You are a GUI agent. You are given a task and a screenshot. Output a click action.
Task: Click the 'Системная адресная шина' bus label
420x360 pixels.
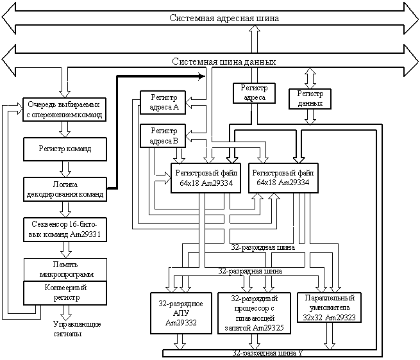(224, 18)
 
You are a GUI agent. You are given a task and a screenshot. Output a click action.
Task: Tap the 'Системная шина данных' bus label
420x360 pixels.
(224, 61)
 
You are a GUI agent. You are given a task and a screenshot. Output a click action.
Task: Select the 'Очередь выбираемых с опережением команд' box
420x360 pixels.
(64, 110)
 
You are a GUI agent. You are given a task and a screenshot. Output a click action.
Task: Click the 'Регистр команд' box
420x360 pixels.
(64, 149)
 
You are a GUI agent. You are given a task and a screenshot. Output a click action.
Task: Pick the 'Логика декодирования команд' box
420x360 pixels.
(64, 188)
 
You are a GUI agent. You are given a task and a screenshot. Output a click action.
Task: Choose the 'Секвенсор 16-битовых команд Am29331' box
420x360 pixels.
(64, 229)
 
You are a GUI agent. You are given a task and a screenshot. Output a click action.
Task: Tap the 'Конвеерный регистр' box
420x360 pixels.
(64, 292)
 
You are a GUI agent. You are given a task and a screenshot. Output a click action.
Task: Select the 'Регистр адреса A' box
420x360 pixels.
(163, 102)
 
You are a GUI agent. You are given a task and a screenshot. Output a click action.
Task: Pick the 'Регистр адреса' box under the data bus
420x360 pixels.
(254, 93)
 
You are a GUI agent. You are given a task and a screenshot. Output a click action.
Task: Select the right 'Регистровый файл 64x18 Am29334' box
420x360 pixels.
(283, 178)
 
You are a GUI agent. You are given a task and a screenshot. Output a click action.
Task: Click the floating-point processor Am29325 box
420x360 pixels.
(255, 313)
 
